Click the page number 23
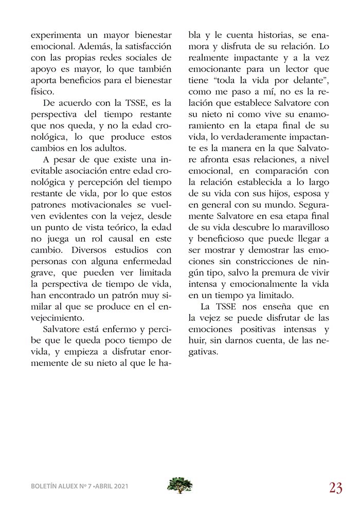[x=335, y=487]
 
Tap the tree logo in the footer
[x=179, y=485]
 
